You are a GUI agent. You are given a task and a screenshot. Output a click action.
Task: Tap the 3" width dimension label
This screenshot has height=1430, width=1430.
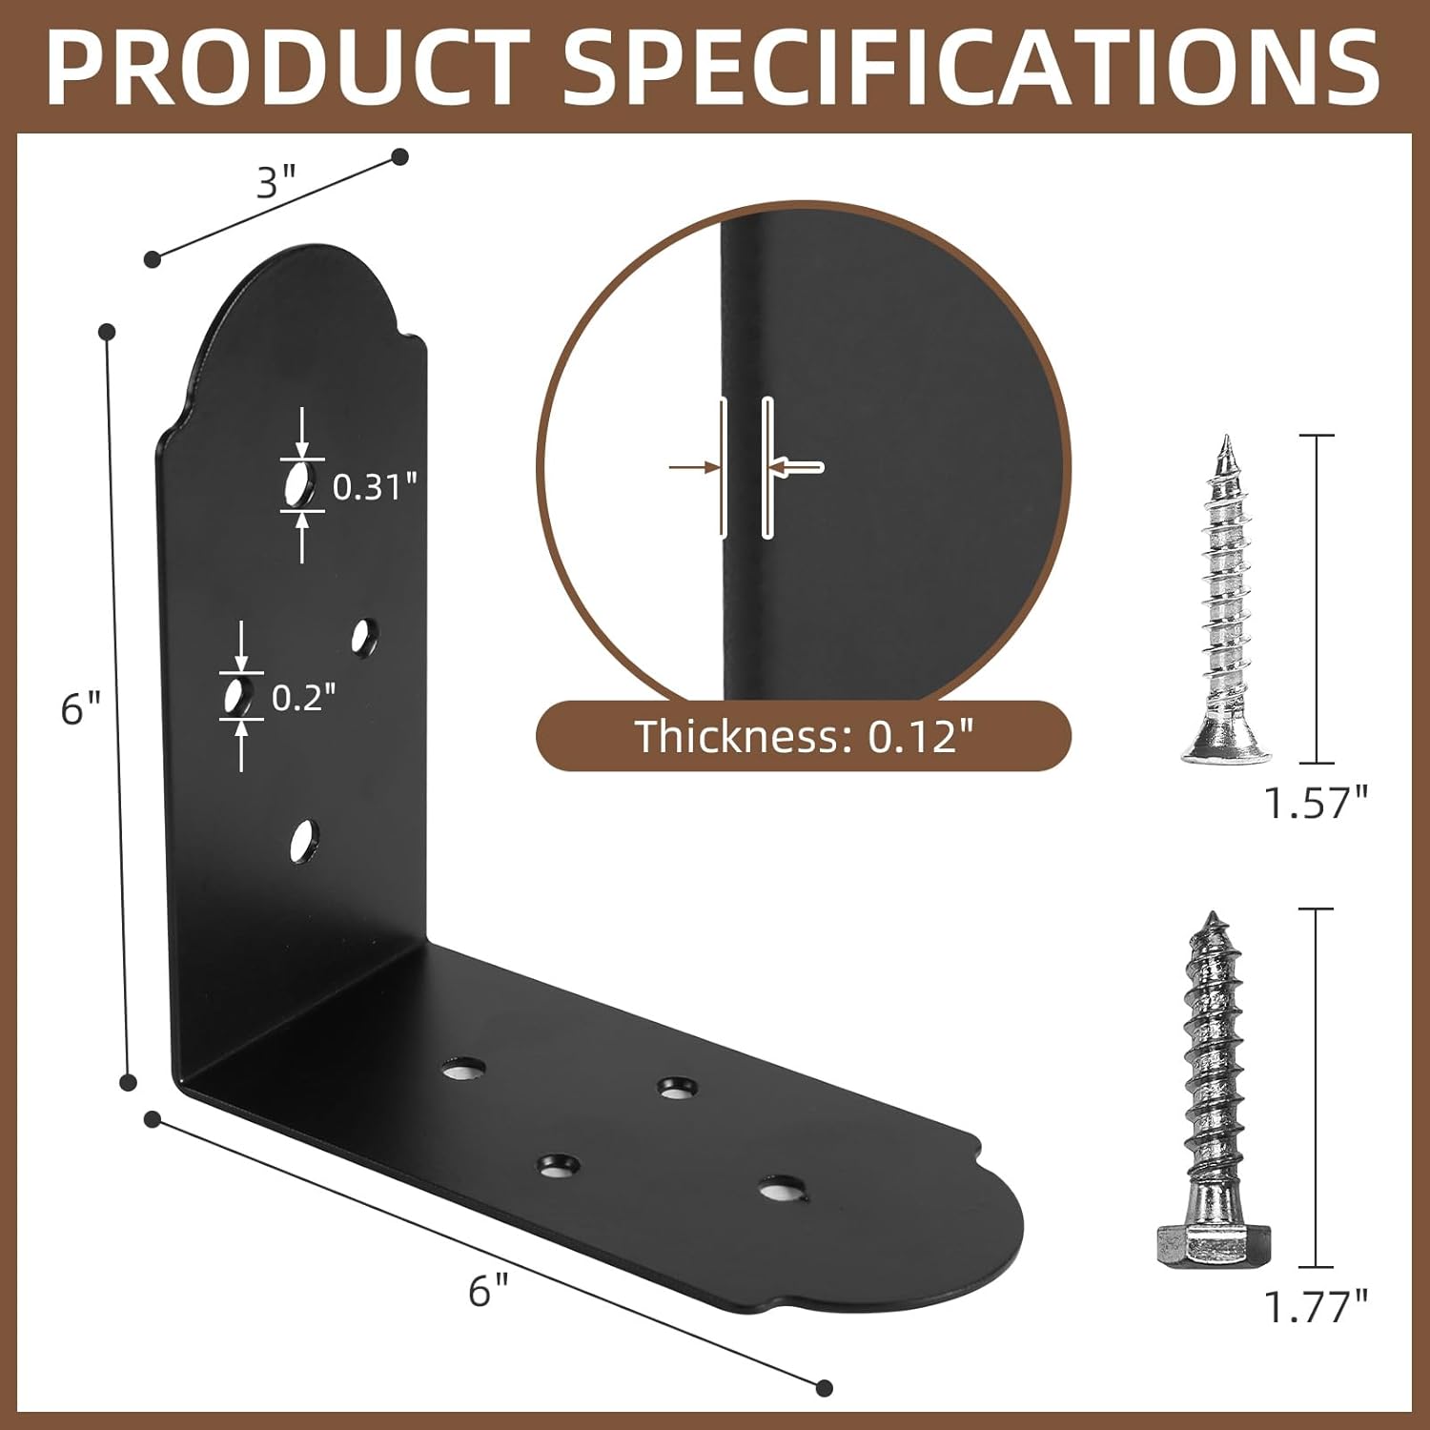276,181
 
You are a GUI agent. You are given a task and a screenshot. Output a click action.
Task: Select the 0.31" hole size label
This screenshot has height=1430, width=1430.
375,487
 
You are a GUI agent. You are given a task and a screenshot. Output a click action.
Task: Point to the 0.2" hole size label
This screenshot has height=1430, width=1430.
304,698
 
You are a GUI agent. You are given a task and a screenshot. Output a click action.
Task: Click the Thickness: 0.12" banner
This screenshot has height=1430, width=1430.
804,736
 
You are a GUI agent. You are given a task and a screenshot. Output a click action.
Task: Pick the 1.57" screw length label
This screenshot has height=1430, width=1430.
1316,804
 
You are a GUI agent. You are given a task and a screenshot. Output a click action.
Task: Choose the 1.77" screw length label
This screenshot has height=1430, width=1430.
1316,1307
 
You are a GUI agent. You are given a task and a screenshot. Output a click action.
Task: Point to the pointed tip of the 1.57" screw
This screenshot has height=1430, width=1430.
1224,443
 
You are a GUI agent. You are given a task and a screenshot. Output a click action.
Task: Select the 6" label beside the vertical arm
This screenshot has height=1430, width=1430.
80,709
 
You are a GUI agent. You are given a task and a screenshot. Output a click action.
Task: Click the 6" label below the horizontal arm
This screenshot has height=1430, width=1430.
489,1292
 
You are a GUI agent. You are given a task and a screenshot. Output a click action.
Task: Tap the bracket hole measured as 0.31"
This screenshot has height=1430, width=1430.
299,484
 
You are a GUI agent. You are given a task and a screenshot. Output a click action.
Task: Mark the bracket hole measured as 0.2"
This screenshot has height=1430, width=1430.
238,697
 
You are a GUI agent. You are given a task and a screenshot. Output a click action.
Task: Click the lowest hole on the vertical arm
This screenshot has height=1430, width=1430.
304,841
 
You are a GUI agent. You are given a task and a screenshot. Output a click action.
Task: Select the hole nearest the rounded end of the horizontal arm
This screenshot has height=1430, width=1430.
782,1190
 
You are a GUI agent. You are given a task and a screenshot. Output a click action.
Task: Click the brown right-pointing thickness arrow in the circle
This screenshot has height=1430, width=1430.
694,467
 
